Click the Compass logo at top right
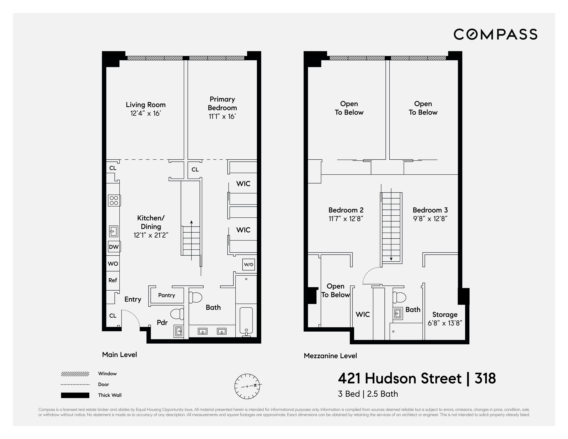(x=495, y=34)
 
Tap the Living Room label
(x=146, y=105)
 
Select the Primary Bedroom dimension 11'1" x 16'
(x=222, y=116)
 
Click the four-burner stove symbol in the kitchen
(x=114, y=201)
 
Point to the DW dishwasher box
(x=114, y=247)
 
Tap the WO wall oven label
(x=113, y=264)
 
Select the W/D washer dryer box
(x=248, y=265)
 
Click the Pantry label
(x=166, y=295)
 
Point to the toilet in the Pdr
(x=177, y=314)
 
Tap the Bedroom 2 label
(x=346, y=210)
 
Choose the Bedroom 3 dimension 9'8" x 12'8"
(x=430, y=219)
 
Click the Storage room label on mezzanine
(x=445, y=315)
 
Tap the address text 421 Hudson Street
(x=400, y=378)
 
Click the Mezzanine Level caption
(x=330, y=356)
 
